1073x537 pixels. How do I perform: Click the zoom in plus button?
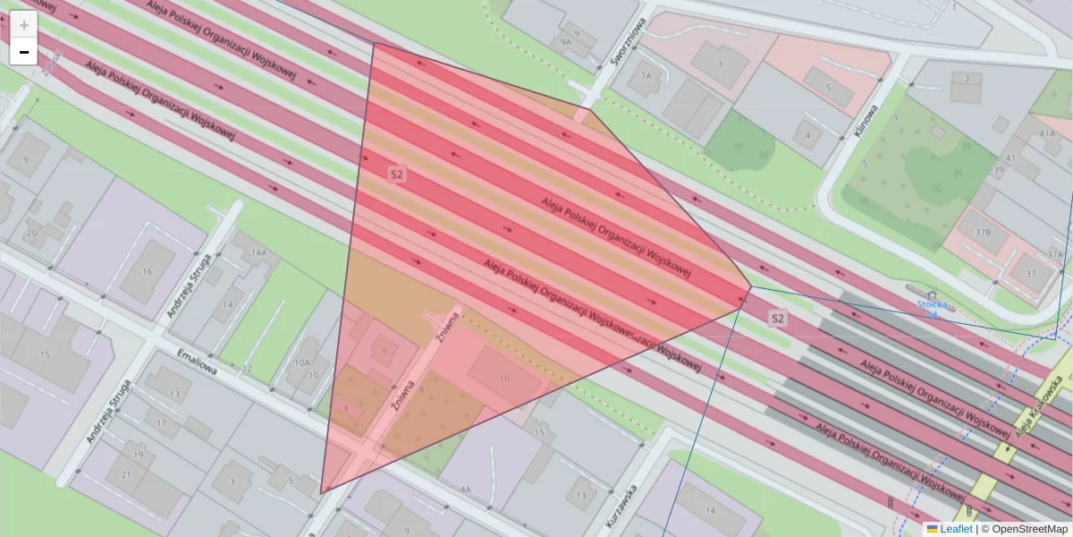(x=24, y=25)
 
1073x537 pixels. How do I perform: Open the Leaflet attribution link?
(x=956, y=529)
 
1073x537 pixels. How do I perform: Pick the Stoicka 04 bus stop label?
(x=931, y=309)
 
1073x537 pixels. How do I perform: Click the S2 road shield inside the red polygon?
(x=397, y=174)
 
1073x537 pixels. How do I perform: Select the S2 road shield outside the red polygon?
(x=778, y=318)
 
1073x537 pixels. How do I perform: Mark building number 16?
(x=145, y=271)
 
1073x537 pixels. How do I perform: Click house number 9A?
(x=565, y=41)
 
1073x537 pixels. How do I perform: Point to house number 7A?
(x=646, y=76)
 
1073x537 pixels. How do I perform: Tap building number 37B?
(x=983, y=232)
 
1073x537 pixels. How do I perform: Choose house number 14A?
(x=259, y=253)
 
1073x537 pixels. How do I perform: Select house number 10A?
(x=302, y=362)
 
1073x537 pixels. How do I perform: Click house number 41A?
(x=1047, y=133)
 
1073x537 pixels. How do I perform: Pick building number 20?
(x=31, y=233)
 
